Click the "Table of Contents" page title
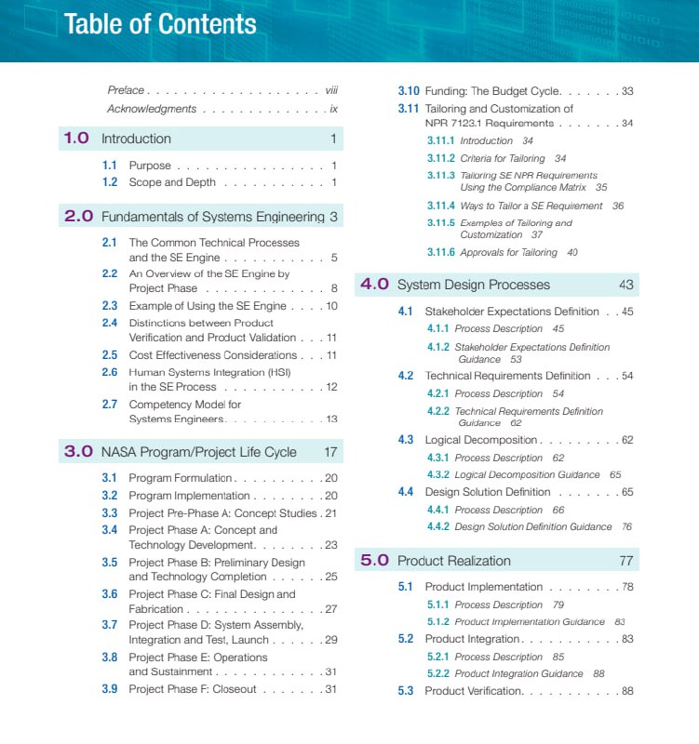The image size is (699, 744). pos(160,24)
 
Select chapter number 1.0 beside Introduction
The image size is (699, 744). pos(76,139)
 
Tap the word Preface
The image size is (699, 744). pos(126,90)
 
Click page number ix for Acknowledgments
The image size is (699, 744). pos(333,109)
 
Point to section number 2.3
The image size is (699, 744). pos(110,306)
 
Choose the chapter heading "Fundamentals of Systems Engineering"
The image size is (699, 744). pos(213,217)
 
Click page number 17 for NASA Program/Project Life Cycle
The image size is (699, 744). pos(330,452)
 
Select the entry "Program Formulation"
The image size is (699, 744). pos(178,478)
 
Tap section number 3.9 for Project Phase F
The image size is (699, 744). pos(110,689)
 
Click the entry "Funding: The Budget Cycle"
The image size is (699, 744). pos(492,91)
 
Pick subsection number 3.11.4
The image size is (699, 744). pos(441,206)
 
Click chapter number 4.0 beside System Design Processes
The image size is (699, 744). pos(374,285)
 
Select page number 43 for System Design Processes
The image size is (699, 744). pos(625,285)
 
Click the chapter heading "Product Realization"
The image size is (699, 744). pos(453,561)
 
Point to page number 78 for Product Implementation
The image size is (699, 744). pos(627,587)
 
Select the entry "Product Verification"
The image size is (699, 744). pos(474,691)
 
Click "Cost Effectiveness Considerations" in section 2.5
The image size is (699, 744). pos(212,355)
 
